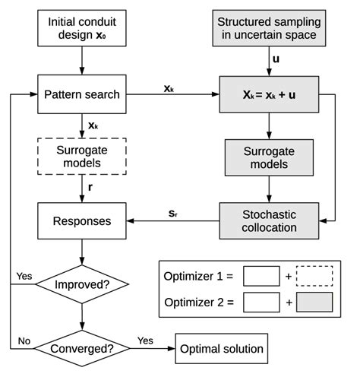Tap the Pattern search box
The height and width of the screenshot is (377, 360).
pos(81,94)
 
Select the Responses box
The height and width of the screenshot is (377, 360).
pos(81,221)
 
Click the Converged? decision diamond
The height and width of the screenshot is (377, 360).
pos(81,349)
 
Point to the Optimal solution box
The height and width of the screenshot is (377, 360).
pos(222,349)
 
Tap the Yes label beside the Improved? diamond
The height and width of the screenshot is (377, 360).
pos(24,275)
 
